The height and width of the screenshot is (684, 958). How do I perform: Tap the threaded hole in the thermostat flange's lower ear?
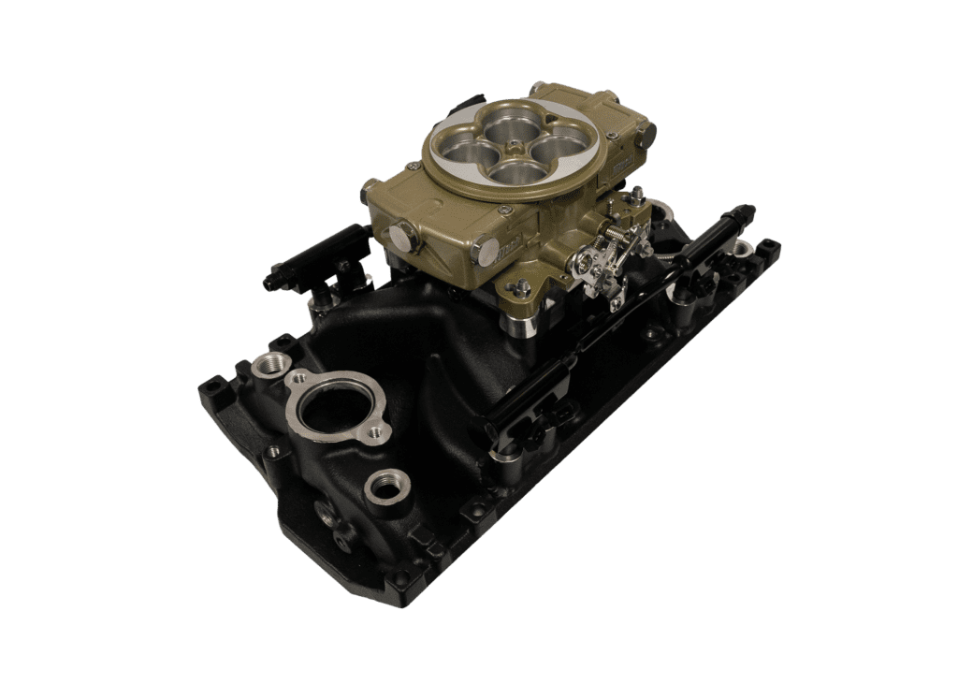[x=375, y=432]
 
